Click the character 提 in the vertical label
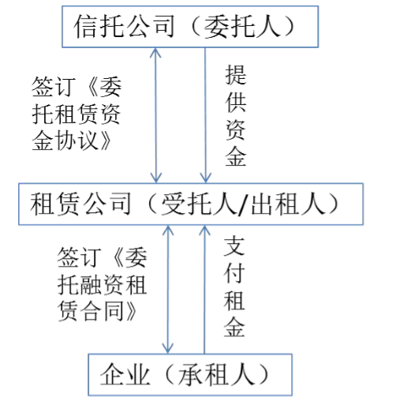(x=236, y=75)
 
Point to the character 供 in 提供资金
(x=236, y=103)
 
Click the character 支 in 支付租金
(x=234, y=245)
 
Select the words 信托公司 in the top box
(x=124, y=26)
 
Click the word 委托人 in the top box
(x=242, y=26)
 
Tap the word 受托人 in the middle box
(x=200, y=204)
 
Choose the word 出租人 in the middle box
(x=289, y=204)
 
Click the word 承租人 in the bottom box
(x=216, y=375)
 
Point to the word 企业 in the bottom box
(x=125, y=375)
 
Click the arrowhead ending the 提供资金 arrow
(x=205, y=178)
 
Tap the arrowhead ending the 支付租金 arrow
(x=204, y=230)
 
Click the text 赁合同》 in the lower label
(x=97, y=311)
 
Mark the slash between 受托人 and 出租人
(x=245, y=204)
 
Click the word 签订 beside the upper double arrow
(x=54, y=87)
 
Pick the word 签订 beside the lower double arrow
(x=80, y=257)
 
